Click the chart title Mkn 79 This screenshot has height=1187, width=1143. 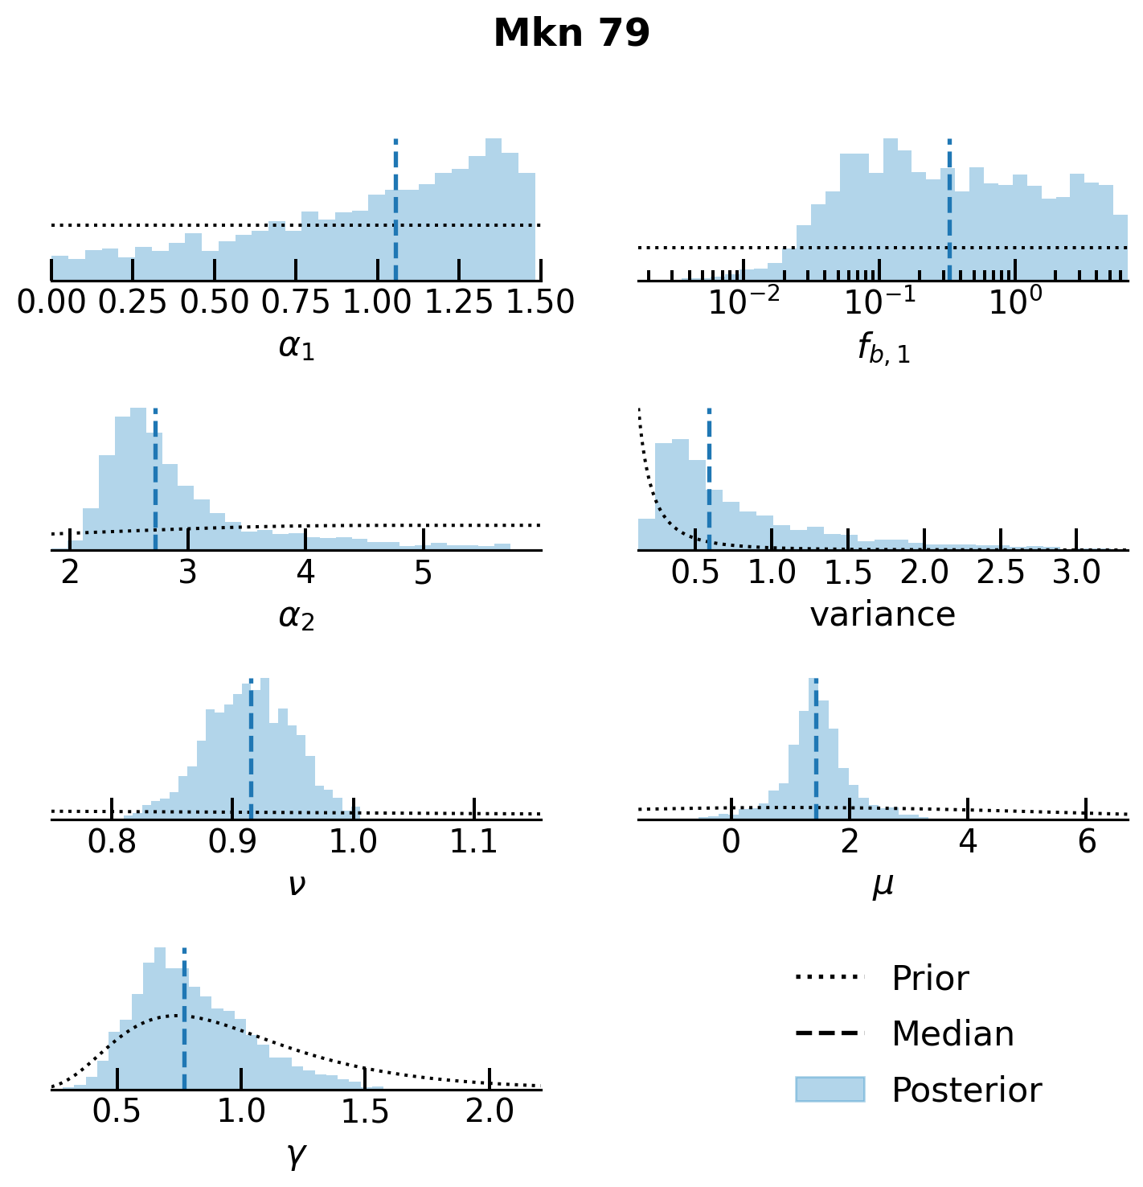[571, 34]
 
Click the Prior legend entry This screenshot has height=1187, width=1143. [929, 979]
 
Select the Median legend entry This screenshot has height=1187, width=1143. [952, 1034]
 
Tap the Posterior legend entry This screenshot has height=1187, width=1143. [966, 1090]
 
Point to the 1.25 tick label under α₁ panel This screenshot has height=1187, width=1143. [458, 302]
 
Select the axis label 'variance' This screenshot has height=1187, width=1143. [883, 615]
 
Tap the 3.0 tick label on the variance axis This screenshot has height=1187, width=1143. [1076, 572]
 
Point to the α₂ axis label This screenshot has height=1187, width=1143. [297, 617]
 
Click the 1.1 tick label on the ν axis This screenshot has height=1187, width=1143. [474, 841]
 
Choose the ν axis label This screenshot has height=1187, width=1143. [297, 885]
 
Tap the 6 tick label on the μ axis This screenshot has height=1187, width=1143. [1086, 841]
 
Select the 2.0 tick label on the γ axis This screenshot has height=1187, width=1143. [490, 1111]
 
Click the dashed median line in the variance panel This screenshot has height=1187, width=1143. [709, 483]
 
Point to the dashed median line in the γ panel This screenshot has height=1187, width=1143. [184, 1021]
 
